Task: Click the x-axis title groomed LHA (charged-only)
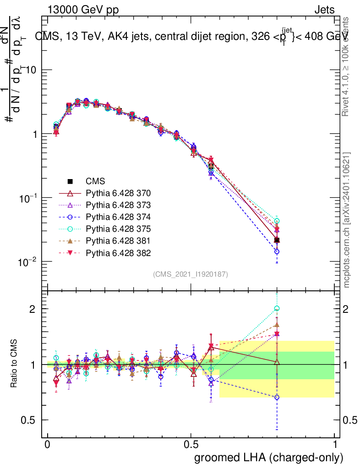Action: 269,458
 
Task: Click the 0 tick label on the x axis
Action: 47,445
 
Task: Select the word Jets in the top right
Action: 324,10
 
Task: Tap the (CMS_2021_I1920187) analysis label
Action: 191,274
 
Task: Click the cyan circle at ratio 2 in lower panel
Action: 277,309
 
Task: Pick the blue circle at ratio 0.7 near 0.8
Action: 277,397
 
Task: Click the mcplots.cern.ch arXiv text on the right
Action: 347,220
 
